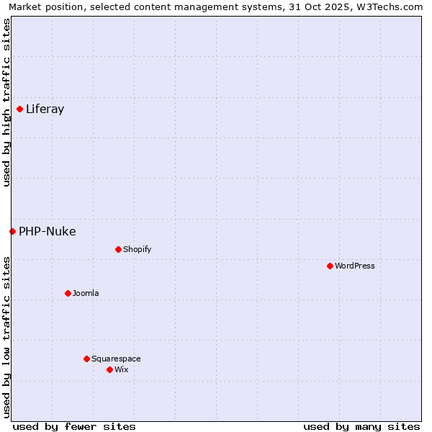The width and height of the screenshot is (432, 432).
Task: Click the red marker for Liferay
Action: click(19, 109)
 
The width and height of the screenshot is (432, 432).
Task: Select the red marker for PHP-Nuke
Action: click(12, 231)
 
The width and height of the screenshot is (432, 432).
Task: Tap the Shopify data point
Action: click(118, 250)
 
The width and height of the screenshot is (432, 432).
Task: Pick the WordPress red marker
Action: click(330, 266)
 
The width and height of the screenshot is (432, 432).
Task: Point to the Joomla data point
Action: click(68, 293)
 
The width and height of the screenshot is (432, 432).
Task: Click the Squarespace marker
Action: click(86, 359)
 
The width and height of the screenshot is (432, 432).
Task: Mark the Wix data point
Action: click(109, 369)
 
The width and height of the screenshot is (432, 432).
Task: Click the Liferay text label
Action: click(45, 109)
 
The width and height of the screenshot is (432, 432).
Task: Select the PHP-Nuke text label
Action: click(48, 231)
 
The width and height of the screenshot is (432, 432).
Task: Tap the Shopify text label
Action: click(137, 250)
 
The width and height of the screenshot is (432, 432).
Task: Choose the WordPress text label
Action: click(355, 266)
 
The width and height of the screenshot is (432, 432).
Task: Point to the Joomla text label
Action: click(86, 293)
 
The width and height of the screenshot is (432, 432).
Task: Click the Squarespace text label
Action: click(116, 359)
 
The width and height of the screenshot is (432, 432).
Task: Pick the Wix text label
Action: click(122, 369)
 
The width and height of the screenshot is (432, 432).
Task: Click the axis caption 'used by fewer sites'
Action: click(74, 426)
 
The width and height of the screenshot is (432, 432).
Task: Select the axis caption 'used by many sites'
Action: click(361, 426)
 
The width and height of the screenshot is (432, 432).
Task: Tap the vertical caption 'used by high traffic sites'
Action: click(6, 103)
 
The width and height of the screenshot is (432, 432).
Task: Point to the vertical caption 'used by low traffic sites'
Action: click(6, 336)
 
